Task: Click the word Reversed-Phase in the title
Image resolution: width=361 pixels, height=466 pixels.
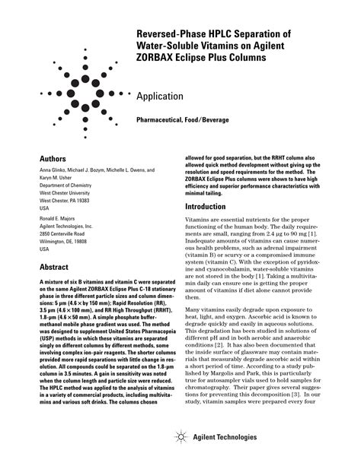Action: (x=169, y=34)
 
